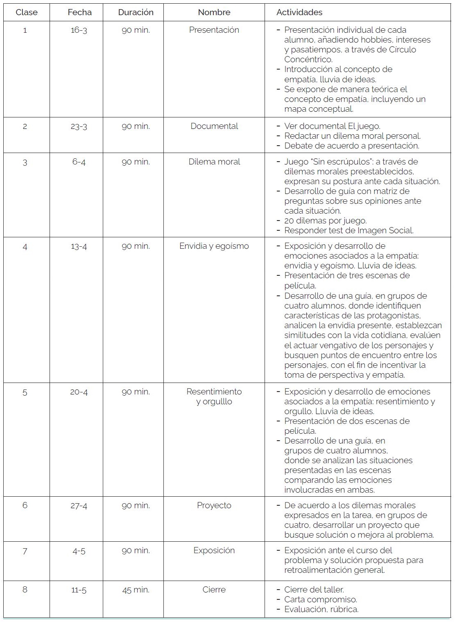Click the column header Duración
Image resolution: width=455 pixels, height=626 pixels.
(136, 12)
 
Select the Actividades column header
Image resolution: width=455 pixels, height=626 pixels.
(299, 12)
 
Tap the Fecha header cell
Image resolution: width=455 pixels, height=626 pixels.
(79, 12)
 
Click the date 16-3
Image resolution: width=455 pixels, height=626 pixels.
(79, 30)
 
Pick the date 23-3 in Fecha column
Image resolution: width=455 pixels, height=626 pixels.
(79, 126)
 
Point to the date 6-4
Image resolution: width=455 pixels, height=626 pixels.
(79, 162)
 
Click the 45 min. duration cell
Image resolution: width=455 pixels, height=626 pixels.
(136, 590)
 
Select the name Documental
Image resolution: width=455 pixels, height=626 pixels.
(214, 126)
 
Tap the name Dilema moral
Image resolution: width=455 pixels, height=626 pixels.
(214, 162)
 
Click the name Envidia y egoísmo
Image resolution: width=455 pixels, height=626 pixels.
(214, 246)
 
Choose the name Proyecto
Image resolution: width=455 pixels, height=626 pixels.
(214, 505)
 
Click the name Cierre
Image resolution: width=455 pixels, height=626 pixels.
(214, 590)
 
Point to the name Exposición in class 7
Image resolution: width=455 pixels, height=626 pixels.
(214, 550)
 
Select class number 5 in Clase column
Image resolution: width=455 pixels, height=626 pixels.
(25, 393)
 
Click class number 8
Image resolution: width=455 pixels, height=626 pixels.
(25, 590)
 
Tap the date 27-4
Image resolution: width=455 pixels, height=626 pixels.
(79, 506)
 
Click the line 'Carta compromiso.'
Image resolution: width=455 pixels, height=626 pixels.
(321, 599)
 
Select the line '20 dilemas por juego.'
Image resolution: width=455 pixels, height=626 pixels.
(326, 221)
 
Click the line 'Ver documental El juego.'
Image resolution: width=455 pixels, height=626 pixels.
(332, 126)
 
